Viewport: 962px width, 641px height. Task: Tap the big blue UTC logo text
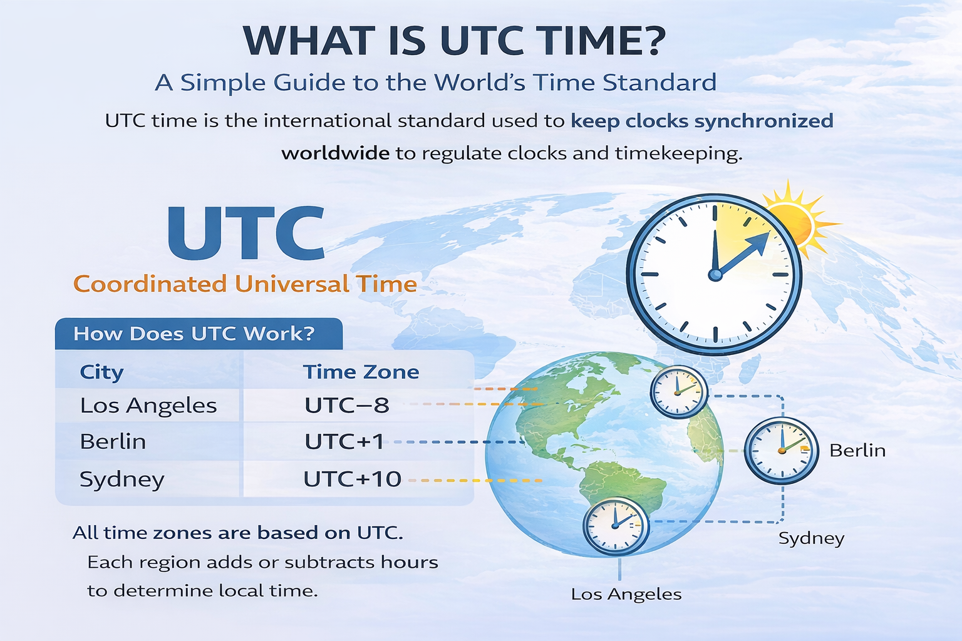tap(246, 233)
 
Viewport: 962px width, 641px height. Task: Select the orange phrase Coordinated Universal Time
tap(245, 284)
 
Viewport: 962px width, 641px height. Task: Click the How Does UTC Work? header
tap(194, 334)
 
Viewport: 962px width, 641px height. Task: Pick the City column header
tap(101, 372)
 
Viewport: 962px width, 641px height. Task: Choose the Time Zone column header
tap(361, 372)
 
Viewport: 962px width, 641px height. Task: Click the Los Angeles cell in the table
tap(148, 406)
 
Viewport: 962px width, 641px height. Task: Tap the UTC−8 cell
tap(347, 406)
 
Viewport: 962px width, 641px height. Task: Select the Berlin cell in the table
tap(113, 442)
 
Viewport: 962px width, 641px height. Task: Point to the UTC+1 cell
tap(344, 442)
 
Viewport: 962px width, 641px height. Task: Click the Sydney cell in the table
tap(122, 479)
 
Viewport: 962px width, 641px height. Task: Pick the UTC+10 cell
tap(352, 479)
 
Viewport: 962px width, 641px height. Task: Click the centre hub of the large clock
tap(715, 274)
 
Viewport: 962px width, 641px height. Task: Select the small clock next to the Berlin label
tap(781, 450)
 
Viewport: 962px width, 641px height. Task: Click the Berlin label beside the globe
tap(857, 450)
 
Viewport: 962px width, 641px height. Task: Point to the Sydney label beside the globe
tap(811, 538)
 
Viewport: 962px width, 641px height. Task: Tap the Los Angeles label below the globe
tap(626, 594)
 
